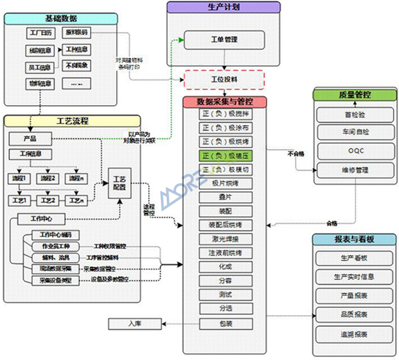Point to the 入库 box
pos(135,324)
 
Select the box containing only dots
pos(76,84)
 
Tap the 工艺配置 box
pos(120,182)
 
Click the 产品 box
pos(29,138)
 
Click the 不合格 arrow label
pos(296,154)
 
